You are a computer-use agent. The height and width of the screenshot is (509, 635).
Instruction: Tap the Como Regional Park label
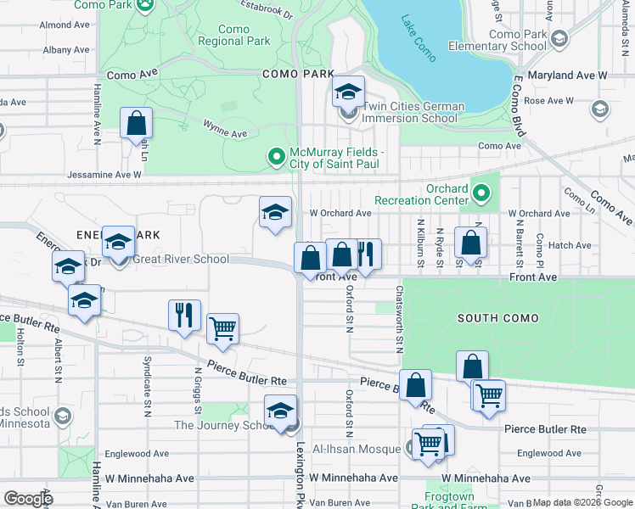coord(233,35)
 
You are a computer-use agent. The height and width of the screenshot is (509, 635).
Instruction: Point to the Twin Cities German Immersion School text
coord(413,112)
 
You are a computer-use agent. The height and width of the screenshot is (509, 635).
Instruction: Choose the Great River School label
coord(180,259)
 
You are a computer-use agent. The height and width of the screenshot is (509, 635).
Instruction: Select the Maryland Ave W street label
coord(567,76)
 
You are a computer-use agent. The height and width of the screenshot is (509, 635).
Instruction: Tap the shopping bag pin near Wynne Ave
coord(136,124)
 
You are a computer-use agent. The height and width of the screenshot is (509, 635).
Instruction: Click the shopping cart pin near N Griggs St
coord(223,328)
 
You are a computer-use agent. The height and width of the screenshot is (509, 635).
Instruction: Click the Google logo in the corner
coord(28,499)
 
